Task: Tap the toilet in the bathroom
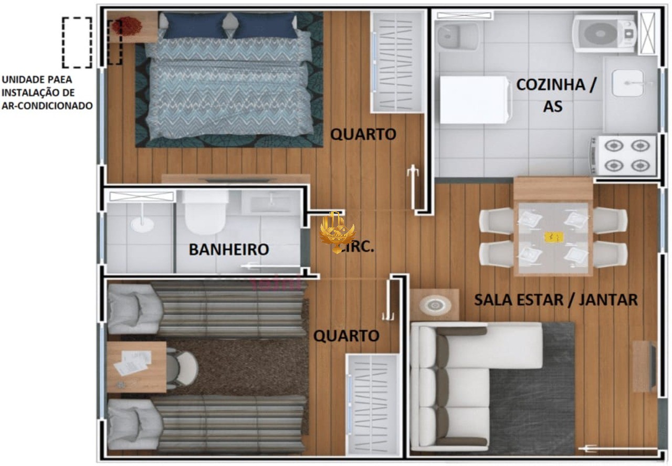point(205,213)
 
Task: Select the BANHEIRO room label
point(228,250)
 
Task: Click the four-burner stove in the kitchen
point(624,155)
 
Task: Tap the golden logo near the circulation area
point(337,232)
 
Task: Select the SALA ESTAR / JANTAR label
point(555,300)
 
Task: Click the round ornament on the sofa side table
point(434,304)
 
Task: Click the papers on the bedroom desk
point(131,363)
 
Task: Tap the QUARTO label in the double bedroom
point(363,134)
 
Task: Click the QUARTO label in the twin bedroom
point(346,336)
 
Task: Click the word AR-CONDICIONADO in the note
point(47,105)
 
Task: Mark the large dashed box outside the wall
point(77,43)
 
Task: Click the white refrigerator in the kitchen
point(475,100)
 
